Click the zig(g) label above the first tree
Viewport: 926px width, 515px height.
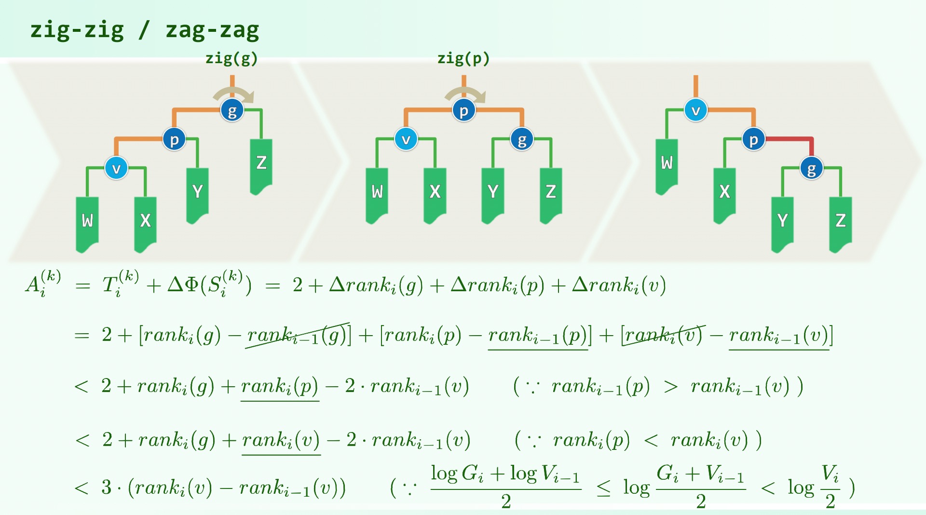click(x=231, y=59)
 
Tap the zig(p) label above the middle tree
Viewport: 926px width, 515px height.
click(x=463, y=59)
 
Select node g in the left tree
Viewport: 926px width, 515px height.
click(x=232, y=110)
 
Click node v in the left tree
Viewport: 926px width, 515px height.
click(x=116, y=168)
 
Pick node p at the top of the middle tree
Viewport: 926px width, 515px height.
click(x=463, y=110)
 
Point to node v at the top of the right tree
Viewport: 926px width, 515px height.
click(x=695, y=110)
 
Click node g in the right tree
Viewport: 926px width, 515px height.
click(x=812, y=168)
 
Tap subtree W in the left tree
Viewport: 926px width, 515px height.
click(x=87, y=222)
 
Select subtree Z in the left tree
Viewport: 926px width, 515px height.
click(x=261, y=164)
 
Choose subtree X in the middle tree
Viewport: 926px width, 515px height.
click(x=435, y=193)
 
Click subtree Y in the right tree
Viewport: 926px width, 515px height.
click(x=782, y=222)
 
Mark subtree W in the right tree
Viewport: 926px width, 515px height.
click(x=667, y=164)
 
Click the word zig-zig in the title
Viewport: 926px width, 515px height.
click(x=77, y=30)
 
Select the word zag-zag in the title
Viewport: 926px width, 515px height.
click(x=212, y=30)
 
